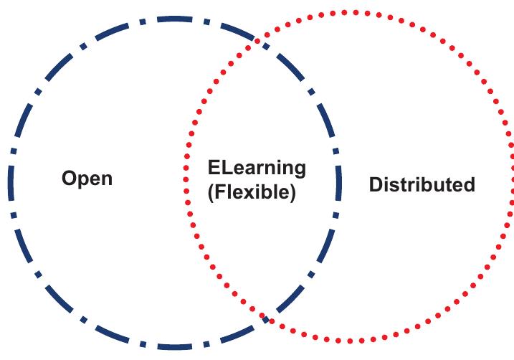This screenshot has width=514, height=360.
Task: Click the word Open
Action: click(x=87, y=178)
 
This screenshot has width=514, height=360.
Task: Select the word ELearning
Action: click(x=257, y=169)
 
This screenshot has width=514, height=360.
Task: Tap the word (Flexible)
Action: click(x=251, y=194)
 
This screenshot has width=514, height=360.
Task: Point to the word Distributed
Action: click(x=422, y=184)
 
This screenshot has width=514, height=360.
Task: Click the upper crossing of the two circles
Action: click(x=260, y=42)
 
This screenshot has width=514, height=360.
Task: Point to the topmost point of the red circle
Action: click(x=349, y=12)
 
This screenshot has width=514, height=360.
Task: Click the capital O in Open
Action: click(x=69, y=178)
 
